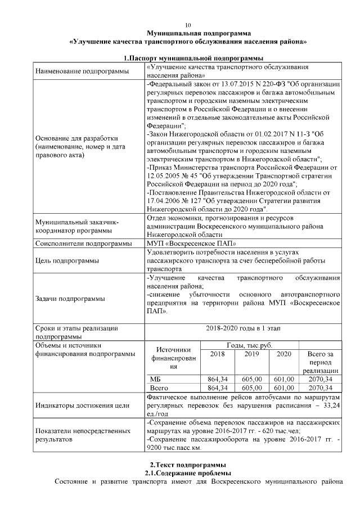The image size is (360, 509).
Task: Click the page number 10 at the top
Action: point(188,25)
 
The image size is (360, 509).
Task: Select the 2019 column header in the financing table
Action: point(251,354)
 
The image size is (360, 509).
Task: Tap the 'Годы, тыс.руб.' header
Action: point(249,344)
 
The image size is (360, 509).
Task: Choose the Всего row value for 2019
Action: point(251,388)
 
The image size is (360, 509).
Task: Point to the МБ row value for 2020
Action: point(284,379)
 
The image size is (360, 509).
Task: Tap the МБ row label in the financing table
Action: point(154,379)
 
